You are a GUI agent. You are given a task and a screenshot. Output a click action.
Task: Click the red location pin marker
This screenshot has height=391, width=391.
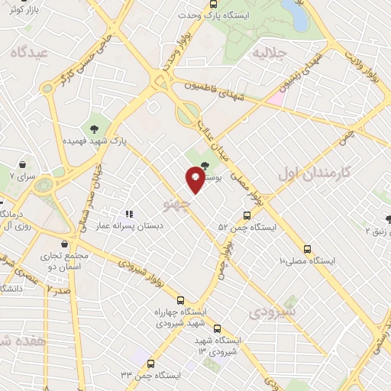195,179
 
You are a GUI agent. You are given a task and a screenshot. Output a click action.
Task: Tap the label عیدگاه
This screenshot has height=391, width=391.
29,51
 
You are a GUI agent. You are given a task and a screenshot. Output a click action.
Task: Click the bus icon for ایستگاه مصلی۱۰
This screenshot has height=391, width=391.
308,249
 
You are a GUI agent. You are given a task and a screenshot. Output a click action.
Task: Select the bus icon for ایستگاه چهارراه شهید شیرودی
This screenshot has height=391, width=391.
180,300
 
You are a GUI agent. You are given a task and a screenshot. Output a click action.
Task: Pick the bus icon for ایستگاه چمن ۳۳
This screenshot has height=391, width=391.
150,364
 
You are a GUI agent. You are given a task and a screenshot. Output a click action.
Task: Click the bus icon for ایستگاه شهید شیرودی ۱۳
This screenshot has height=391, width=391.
217,328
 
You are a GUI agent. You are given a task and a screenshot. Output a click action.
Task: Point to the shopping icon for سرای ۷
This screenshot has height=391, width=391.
22,165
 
